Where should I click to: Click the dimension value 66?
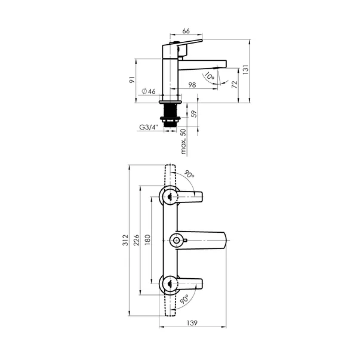click(x=186, y=30)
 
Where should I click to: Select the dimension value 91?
click(x=133, y=79)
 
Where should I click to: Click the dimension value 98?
click(x=192, y=86)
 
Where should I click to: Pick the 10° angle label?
click(x=209, y=76)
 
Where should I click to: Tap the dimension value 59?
click(x=193, y=113)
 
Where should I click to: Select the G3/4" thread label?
click(x=148, y=127)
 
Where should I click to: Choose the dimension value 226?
click(x=137, y=240)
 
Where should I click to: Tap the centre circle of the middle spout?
click(x=176, y=240)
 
